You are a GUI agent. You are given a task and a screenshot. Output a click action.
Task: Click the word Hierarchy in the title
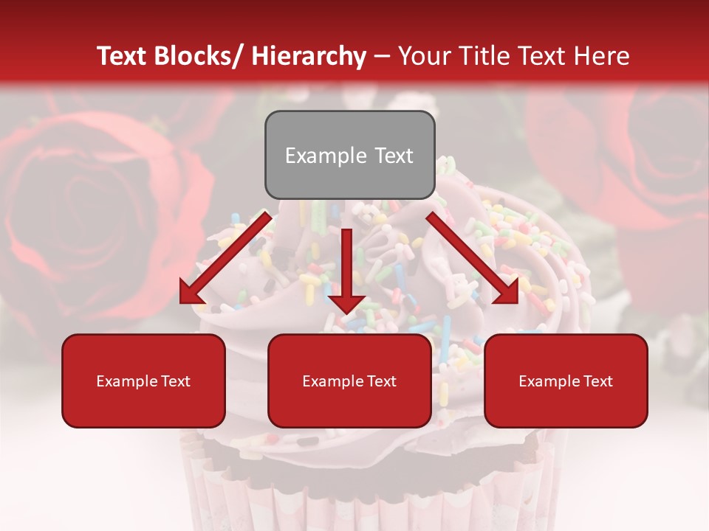309,56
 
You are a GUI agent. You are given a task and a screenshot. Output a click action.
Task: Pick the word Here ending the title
602,56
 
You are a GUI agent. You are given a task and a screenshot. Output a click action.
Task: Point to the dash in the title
382,56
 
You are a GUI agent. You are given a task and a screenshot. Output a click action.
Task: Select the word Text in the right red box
597,381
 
